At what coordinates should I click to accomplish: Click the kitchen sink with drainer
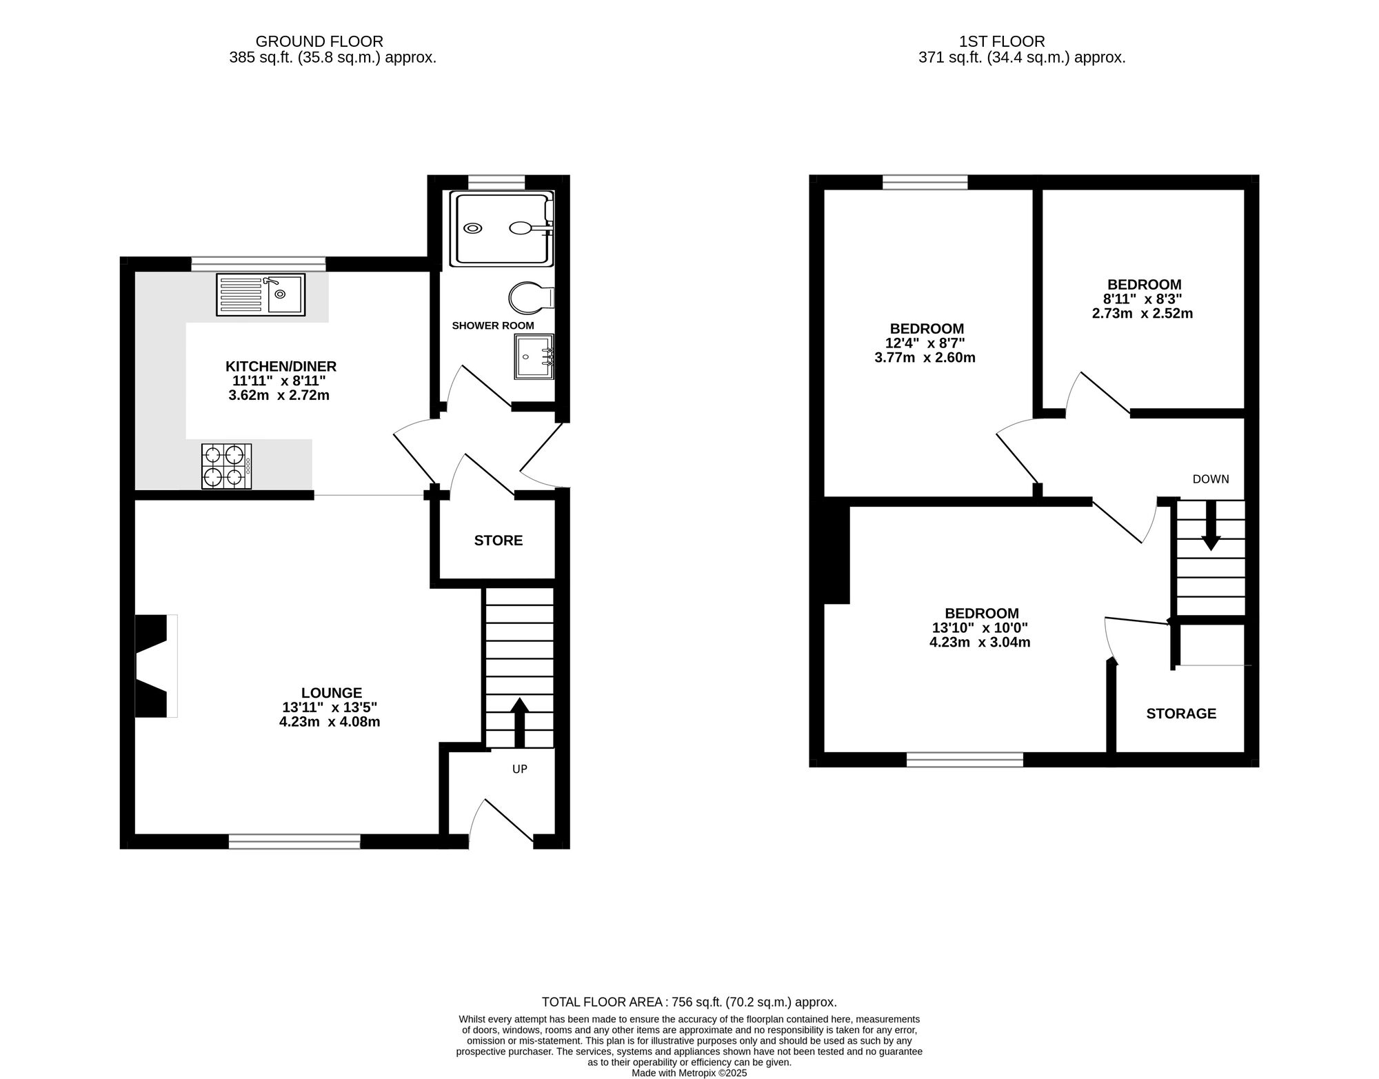click(261, 294)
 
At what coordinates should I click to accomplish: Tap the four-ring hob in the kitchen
click(227, 466)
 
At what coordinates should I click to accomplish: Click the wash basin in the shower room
click(534, 356)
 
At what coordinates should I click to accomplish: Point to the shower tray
click(502, 228)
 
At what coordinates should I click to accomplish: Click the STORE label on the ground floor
click(499, 541)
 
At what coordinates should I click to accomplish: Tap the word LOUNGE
click(332, 693)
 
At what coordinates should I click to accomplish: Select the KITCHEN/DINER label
click(281, 367)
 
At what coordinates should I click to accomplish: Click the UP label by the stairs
click(520, 769)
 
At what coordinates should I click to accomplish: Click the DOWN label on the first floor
click(1211, 479)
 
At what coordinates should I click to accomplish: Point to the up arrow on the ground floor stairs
click(519, 723)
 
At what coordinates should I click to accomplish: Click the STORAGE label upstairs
click(1181, 714)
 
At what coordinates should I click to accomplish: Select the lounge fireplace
click(155, 666)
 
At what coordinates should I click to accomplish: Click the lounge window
click(294, 841)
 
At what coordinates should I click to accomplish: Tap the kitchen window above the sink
click(259, 263)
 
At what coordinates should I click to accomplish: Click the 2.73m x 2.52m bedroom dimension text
click(1143, 314)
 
